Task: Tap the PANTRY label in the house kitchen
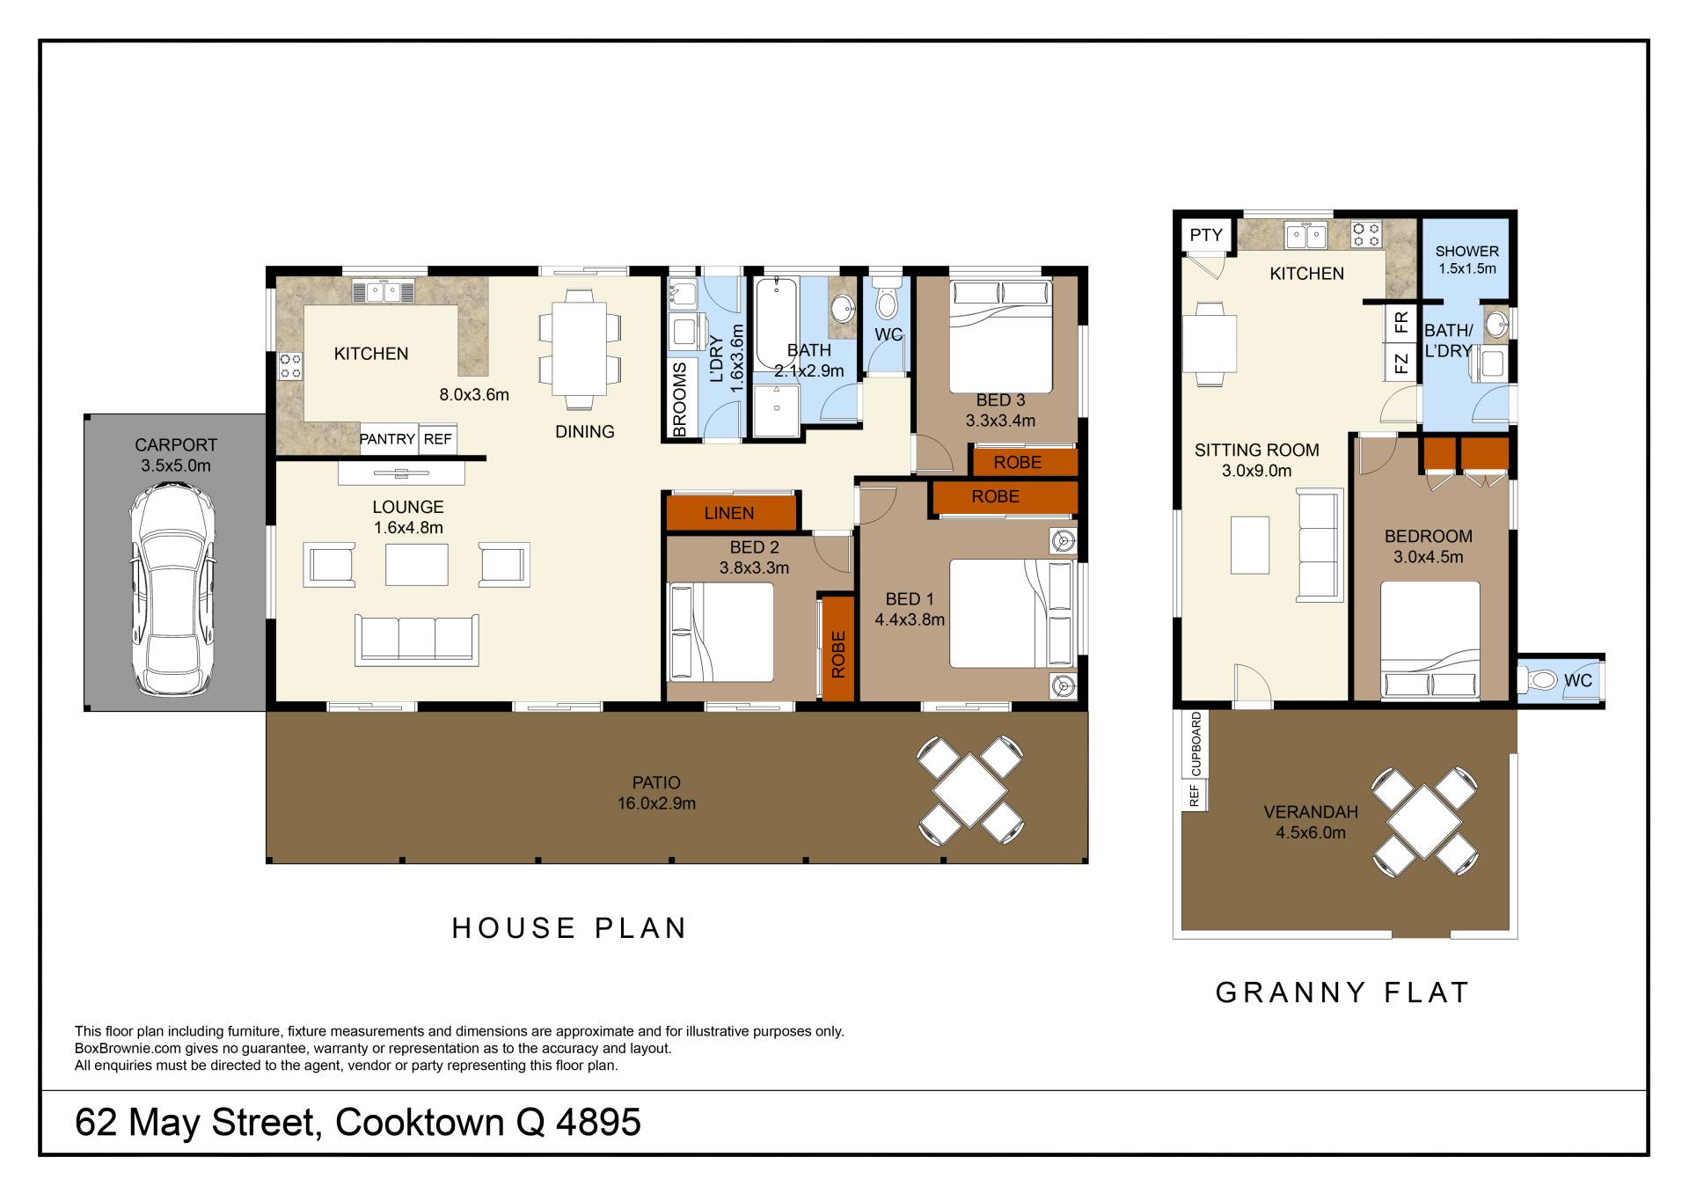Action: point(387,439)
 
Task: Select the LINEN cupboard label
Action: point(729,513)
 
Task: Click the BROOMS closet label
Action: point(679,400)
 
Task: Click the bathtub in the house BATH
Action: point(777,323)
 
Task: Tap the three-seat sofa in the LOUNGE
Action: point(417,640)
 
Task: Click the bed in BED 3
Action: point(1001,336)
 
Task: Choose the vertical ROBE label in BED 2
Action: point(838,654)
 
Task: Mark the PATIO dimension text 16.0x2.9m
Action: point(656,803)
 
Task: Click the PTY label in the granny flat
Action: point(1206,235)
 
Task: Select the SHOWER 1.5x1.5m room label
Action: point(1466,260)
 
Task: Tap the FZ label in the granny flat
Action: point(1402,363)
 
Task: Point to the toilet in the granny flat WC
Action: point(1539,680)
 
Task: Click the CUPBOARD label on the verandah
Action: point(1195,744)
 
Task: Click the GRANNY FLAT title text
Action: point(1342,993)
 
